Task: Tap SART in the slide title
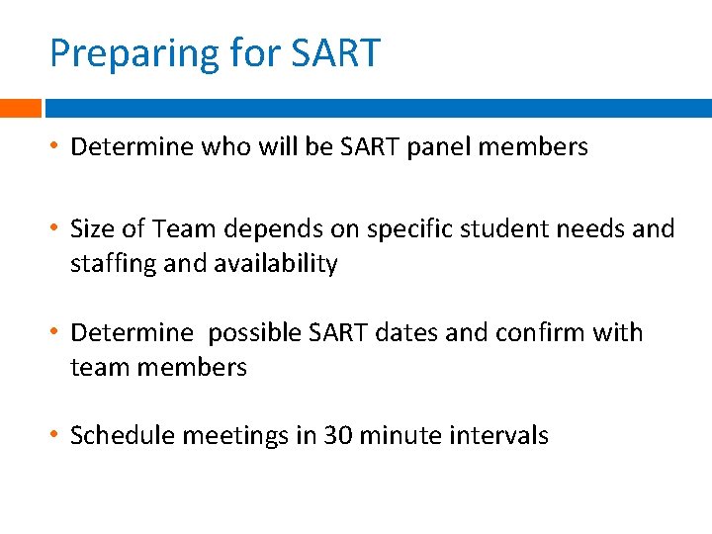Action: click(335, 53)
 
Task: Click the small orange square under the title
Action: click(20, 108)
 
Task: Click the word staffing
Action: click(109, 264)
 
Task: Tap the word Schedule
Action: click(117, 435)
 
